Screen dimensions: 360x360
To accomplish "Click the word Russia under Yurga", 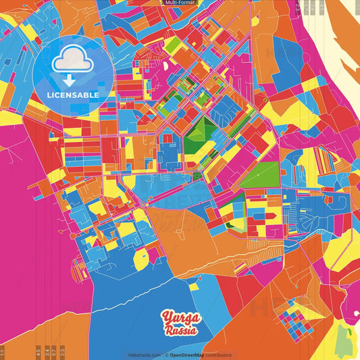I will click(181, 331).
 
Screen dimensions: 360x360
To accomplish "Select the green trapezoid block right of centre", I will click(261, 175).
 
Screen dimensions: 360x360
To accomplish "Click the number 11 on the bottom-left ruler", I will click(3, 351).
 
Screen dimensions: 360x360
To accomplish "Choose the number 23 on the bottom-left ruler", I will click(63, 351).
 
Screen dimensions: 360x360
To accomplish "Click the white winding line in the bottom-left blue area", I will click(122, 304).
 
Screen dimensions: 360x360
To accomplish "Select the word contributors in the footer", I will click(218, 355).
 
